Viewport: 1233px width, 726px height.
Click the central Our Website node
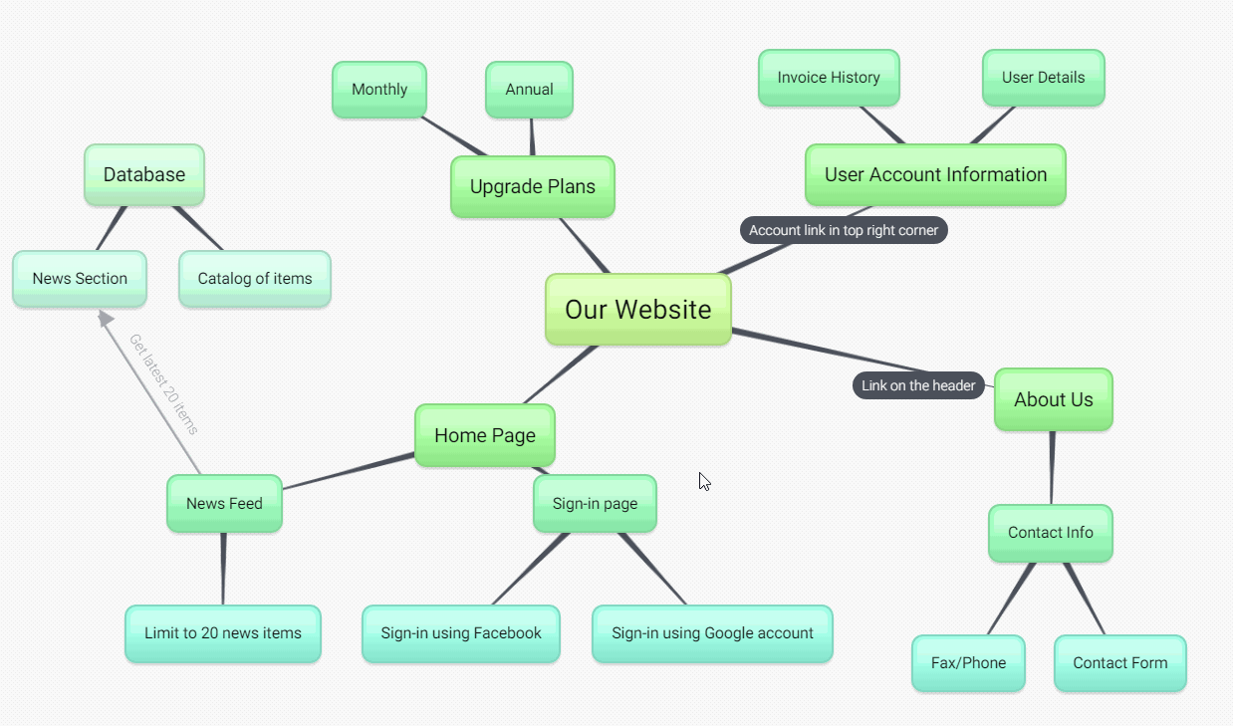(638, 310)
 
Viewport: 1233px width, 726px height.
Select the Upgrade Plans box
(532, 186)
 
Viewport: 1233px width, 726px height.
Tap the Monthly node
(379, 90)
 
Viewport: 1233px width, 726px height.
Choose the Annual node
(529, 90)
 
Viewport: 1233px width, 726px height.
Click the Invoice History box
(829, 78)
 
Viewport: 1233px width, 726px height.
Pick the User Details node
(1043, 78)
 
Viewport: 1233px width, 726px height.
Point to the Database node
(144, 174)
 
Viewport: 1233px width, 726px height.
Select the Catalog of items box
(255, 279)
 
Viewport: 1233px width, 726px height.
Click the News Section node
(80, 279)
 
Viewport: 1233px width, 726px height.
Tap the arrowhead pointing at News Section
(105, 318)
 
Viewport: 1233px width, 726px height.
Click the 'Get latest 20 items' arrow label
(163, 384)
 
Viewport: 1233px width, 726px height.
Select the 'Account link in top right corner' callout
(844, 230)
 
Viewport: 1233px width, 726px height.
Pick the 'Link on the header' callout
(918, 385)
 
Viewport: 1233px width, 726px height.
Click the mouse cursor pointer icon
(704, 482)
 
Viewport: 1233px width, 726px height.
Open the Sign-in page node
(595, 503)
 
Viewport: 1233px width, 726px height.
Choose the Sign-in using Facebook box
(461, 633)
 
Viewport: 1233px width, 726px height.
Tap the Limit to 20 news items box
(223, 633)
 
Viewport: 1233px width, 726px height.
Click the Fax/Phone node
(968, 663)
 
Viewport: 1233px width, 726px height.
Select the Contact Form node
(1120, 663)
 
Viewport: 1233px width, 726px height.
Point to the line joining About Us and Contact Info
(1052, 467)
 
